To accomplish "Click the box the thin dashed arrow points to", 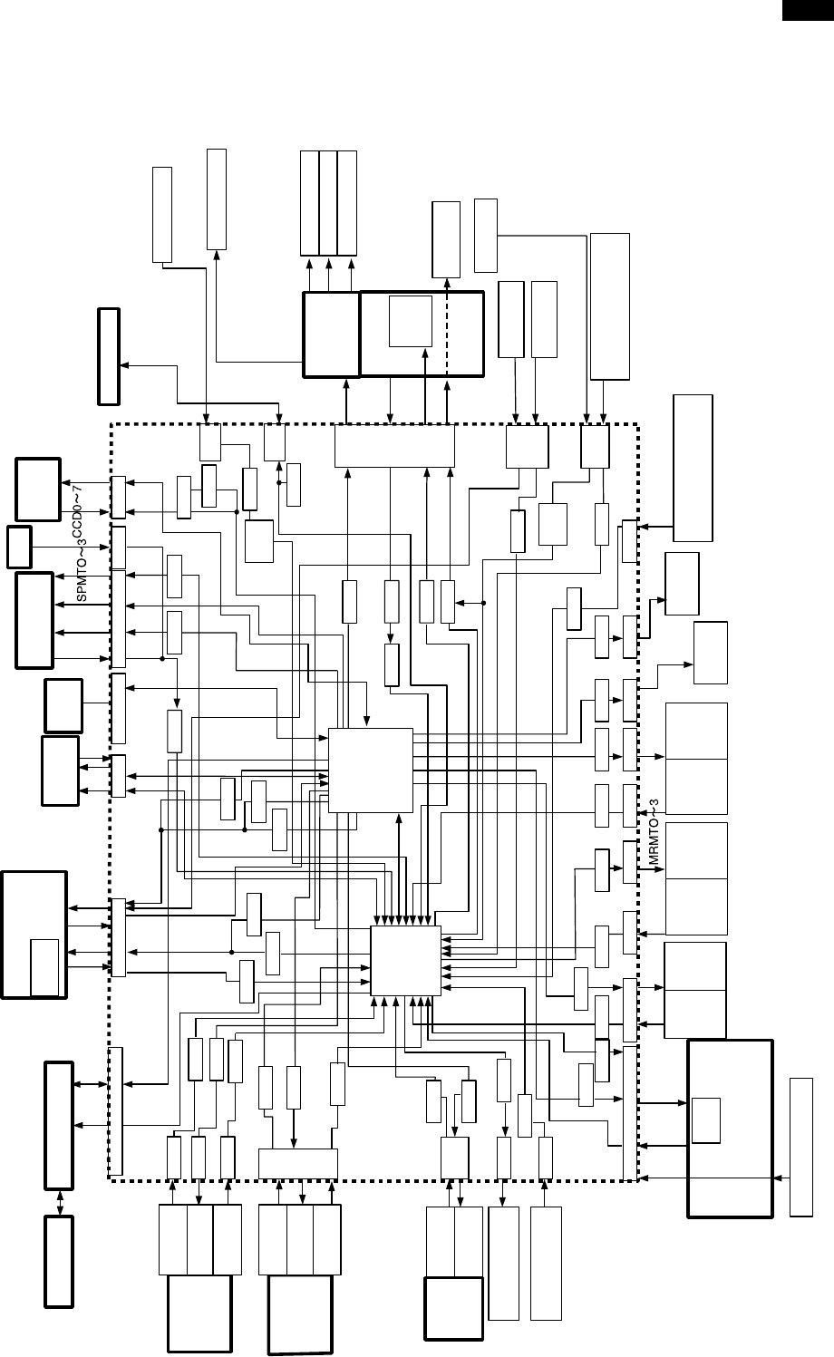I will point(446,239).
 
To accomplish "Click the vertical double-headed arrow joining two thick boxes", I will point(60,1202).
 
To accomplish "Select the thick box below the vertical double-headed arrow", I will point(60,1261).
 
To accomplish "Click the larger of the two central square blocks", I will point(370,770).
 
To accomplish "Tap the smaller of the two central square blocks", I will point(405,961).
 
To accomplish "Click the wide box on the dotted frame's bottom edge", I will point(297,1164).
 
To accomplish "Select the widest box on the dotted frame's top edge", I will point(394,445).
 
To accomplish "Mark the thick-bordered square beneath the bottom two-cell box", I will point(453,1307).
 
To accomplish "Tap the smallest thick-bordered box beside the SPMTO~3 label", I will point(19,543).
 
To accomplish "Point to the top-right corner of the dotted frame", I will point(638,423).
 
